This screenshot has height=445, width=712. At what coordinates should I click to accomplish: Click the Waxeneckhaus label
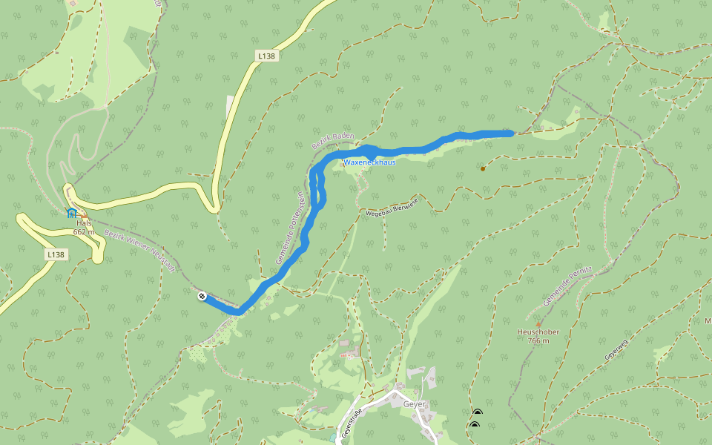click(x=369, y=162)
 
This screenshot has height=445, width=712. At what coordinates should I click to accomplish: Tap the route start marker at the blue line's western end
click(x=202, y=297)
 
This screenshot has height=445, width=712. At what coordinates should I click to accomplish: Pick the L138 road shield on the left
click(x=56, y=254)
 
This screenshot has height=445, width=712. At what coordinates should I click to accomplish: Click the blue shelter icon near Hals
click(x=71, y=213)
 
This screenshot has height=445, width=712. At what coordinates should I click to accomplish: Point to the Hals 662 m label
click(x=84, y=227)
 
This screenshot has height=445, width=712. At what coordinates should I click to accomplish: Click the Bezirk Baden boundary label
click(x=333, y=142)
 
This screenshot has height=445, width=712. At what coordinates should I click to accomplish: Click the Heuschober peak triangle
click(x=538, y=324)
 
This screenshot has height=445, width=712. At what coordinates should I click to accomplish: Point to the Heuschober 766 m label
click(x=538, y=336)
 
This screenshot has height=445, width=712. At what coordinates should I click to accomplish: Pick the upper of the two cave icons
click(x=477, y=412)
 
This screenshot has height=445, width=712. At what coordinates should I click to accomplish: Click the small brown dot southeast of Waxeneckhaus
click(x=483, y=168)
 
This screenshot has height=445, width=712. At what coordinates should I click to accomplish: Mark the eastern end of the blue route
click(x=511, y=133)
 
